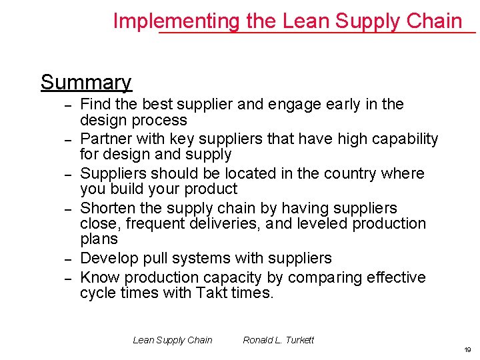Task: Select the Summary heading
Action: click(x=86, y=82)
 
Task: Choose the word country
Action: click(x=349, y=173)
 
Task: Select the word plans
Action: click(x=99, y=239)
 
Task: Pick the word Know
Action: click(x=100, y=277)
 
